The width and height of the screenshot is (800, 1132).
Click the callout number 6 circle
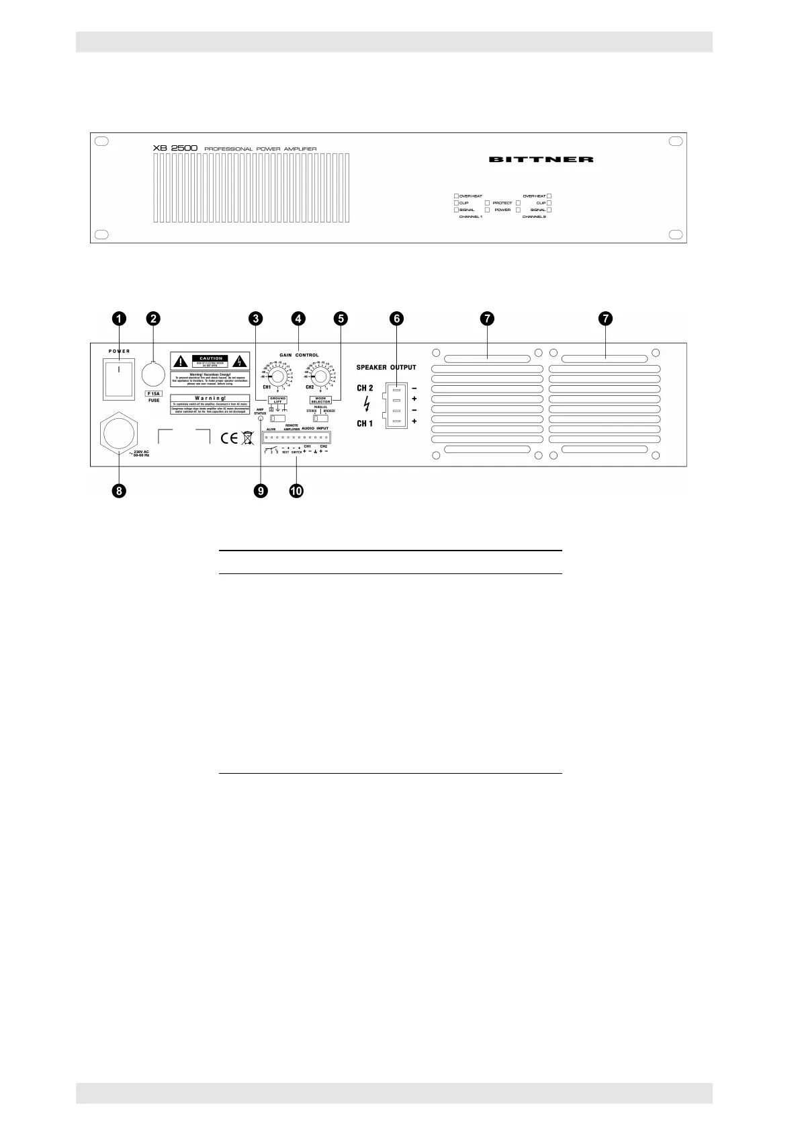[398, 319]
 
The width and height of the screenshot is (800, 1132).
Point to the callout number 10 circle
[296, 491]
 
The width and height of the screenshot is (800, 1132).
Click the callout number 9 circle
[260, 491]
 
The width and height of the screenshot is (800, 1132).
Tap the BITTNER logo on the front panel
[541, 159]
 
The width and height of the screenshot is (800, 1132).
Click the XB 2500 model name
[174, 149]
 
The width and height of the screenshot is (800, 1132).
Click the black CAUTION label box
[211, 359]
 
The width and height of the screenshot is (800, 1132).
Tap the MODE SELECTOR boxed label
[322, 400]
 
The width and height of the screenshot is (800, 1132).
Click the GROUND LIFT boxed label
[277, 400]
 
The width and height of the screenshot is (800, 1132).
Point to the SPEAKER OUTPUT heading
[386, 368]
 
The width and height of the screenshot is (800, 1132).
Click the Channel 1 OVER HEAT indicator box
[457, 196]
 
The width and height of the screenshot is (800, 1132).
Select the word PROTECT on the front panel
[502, 203]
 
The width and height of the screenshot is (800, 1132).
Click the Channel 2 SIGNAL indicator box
[549, 210]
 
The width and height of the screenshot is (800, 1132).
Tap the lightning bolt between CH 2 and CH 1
[365, 405]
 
